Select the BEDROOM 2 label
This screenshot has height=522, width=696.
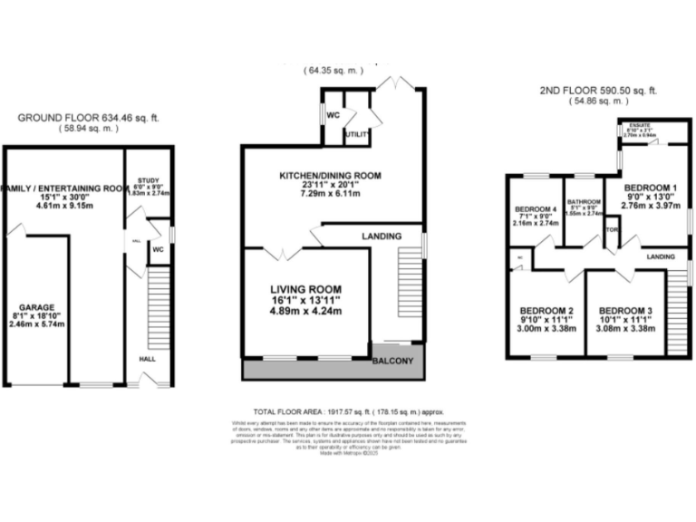pyautogui.click(x=546, y=309)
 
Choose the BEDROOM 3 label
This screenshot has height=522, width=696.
pyautogui.click(x=625, y=309)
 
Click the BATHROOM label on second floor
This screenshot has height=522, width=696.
pyautogui.click(x=584, y=202)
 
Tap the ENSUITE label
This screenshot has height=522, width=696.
pyautogui.click(x=640, y=127)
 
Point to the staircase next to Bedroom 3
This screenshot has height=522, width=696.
pyautogui.click(x=677, y=309)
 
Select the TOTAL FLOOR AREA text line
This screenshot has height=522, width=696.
pyautogui.click(x=348, y=411)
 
